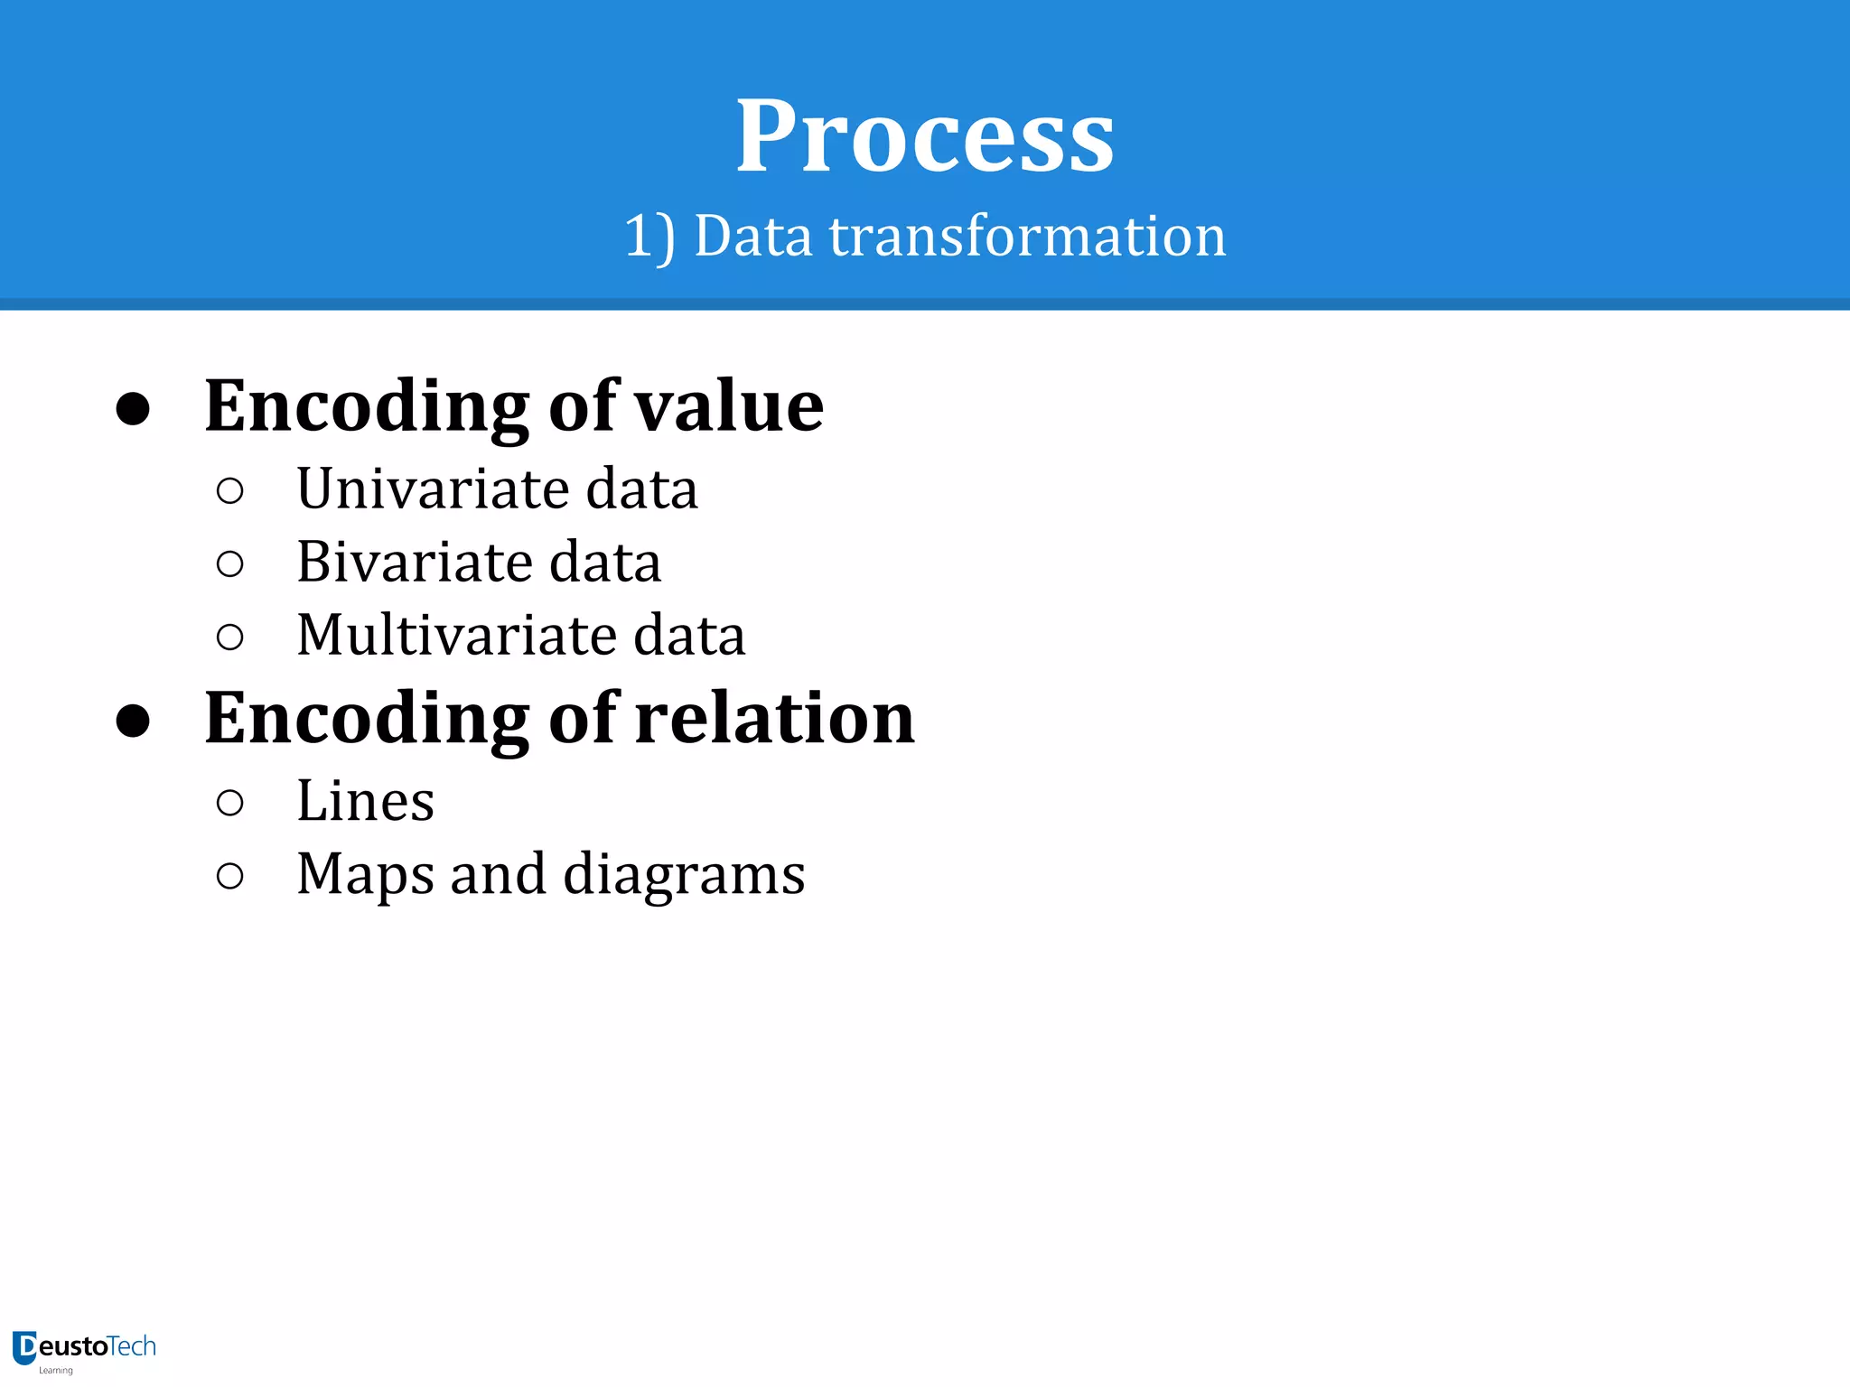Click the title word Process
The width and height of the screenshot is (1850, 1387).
pyautogui.click(x=925, y=137)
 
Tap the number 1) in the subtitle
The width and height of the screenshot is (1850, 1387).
pyautogui.click(x=649, y=237)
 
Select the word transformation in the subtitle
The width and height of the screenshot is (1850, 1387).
pyautogui.click(x=1027, y=237)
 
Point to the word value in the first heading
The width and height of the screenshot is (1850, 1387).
pyautogui.click(x=729, y=406)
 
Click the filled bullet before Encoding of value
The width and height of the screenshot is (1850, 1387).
pyautogui.click(x=133, y=409)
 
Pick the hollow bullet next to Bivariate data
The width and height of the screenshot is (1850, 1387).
pyautogui.click(x=230, y=564)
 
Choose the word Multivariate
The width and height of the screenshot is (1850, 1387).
pyautogui.click(x=455, y=635)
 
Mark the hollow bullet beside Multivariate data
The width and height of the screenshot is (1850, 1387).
pyautogui.click(x=230, y=638)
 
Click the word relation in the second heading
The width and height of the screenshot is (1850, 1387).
pyautogui.click(x=774, y=718)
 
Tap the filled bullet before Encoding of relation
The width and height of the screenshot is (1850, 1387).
pyautogui.click(x=133, y=721)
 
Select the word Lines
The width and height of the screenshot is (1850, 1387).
pyautogui.click(x=365, y=801)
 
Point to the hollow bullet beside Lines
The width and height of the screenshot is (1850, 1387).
pyautogui.click(x=230, y=803)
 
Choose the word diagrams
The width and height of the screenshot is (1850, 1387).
pyautogui.click(x=683, y=875)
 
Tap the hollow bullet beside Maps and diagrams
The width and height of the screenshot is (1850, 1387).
pyautogui.click(x=230, y=876)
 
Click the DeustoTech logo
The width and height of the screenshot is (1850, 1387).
pyautogui.click(x=84, y=1349)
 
